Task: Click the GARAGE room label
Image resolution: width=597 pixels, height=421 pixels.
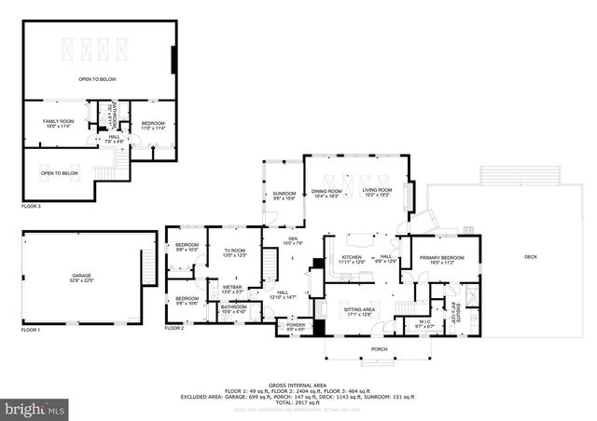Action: [82, 276]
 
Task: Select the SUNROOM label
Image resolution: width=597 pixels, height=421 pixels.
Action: [284, 194]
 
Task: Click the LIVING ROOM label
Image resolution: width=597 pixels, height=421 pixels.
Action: [377, 191]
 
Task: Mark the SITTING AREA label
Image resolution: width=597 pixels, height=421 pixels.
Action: [360, 310]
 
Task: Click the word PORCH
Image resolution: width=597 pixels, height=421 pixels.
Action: [379, 349]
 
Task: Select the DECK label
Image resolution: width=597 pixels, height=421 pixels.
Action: [531, 257]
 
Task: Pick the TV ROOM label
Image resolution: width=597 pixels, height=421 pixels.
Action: [234, 251]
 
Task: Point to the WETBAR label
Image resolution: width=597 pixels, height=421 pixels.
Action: [232, 288]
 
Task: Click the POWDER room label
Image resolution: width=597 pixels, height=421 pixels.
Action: [295, 326]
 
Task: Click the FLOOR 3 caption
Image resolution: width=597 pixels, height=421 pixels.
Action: [32, 206]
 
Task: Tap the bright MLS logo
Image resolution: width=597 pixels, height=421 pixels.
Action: [35, 408]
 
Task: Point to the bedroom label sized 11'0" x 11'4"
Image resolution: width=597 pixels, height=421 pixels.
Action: [153, 124]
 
